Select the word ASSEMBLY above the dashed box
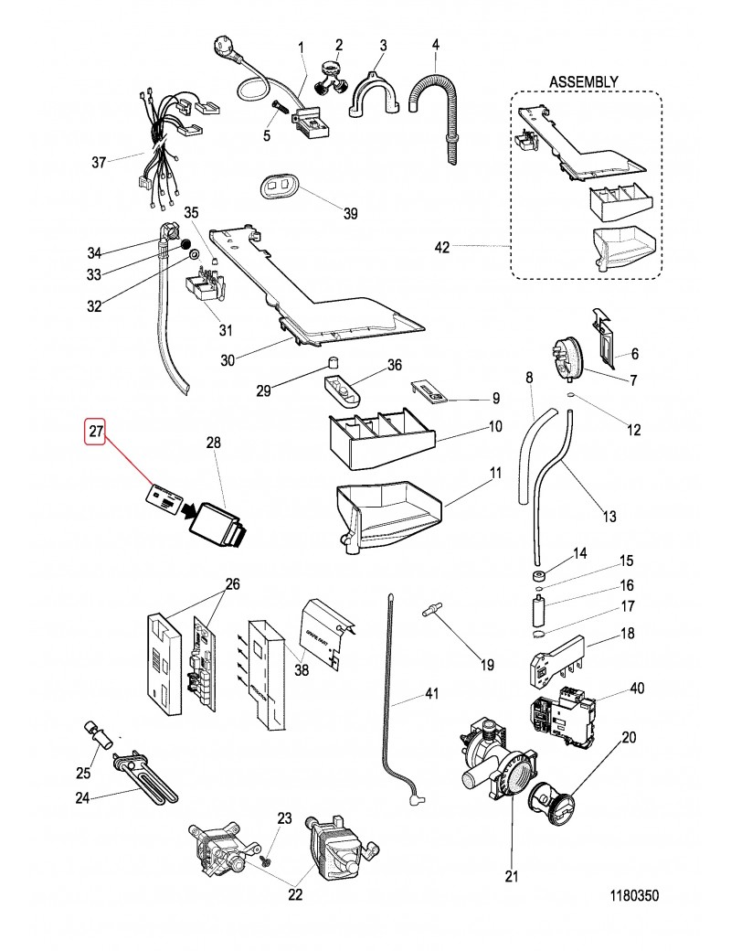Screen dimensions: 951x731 click(x=583, y=82)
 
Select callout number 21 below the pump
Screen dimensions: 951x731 click(x=510, y=876)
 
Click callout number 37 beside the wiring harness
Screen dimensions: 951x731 click(x=99, y=163)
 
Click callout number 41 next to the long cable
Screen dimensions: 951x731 click(x=429, y=695)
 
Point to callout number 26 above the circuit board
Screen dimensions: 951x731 click(x=233, y=584)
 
